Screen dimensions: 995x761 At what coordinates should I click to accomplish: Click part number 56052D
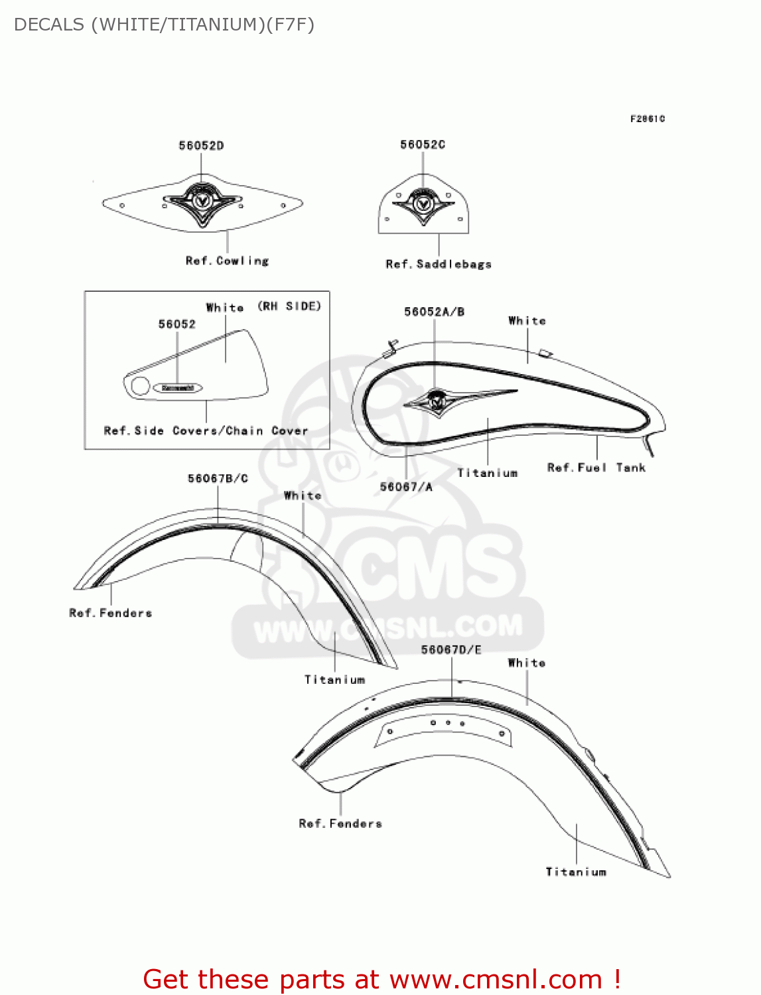pyautogui.click(x=201, y=146)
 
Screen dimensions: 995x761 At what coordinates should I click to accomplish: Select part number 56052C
pyautogui.click(x=423, y=145)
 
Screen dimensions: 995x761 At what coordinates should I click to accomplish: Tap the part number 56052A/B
pyautogui.click(x=435, y=312)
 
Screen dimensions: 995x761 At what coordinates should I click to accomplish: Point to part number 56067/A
pyautogui.click(x=406, y=487)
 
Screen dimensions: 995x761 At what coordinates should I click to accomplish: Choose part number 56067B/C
pyautogui.click(x=218, y=479)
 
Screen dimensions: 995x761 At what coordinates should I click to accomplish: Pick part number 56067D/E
pyautogui.click(x=451, y=650)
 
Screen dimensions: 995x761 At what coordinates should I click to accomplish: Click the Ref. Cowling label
pyautogui.click(x=228, y=261)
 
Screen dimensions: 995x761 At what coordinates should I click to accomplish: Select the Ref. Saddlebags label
pyautogui.click(x=439, y=264)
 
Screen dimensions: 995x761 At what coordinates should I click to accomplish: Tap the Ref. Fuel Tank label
pyautogui.click(x=596, y=468)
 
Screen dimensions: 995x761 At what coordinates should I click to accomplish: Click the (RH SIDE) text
pyautogui.click(x=289, y=306)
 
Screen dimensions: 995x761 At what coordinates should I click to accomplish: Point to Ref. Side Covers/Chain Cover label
pyautogui.click(x=206, y=431)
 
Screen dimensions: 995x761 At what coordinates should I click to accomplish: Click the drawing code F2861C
pyautogui.click(x=648, y=119)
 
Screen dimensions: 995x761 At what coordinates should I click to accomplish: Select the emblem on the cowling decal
pyautogui.click(x=202, y=200)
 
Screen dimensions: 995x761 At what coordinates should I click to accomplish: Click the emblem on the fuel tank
pyautogui.click(x=437, y=400)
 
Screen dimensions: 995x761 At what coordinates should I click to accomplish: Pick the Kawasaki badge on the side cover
pyautogui.click(x=178, y=388)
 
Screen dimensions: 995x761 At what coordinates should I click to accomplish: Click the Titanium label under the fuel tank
pyautogui.click(x=488, y=473)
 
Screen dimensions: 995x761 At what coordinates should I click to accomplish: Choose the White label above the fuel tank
pyautogui.click(x=527, y=321)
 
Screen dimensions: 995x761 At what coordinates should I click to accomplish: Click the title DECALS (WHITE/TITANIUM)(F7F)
pyautogui.click(x=164, y=25)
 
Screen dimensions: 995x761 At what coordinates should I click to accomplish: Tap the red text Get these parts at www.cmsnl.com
pyautogui.click(x=382, y=979)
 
